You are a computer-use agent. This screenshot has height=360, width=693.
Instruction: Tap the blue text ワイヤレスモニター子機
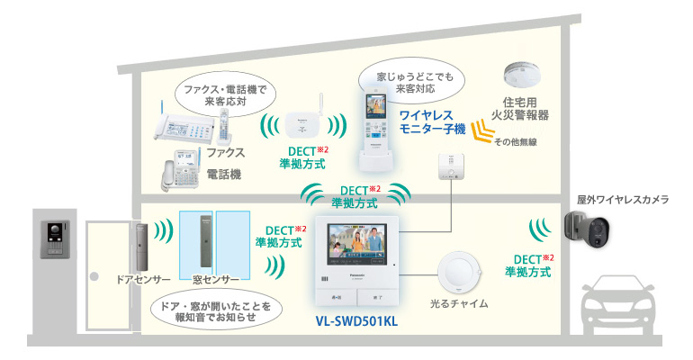432,124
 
